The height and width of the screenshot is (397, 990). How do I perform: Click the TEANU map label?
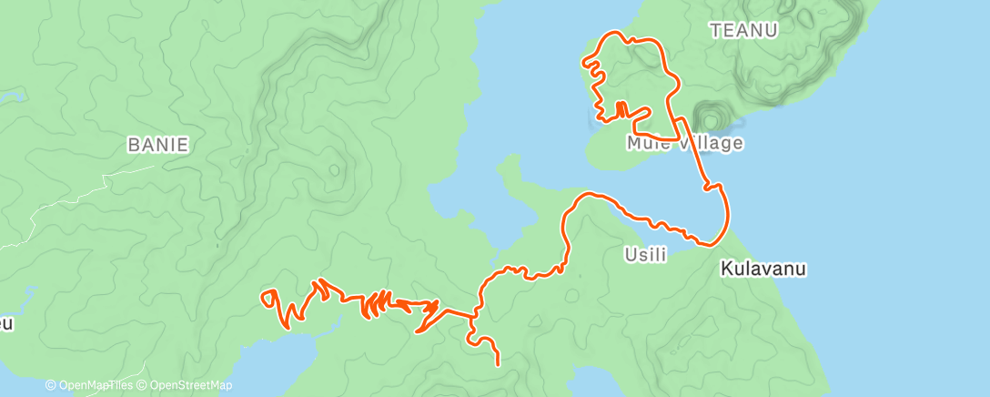(x=744, y=30)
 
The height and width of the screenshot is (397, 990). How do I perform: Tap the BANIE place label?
(x=157, y=144)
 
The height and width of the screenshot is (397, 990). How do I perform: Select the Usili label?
(x=645, y=255)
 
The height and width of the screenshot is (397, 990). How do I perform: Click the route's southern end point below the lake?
(x=499, y=364)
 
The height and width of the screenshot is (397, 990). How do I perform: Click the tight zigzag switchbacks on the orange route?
(x=376, y=303)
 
